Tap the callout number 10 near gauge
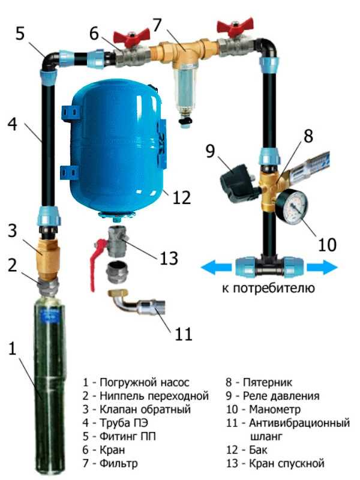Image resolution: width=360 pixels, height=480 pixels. (327, 244)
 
